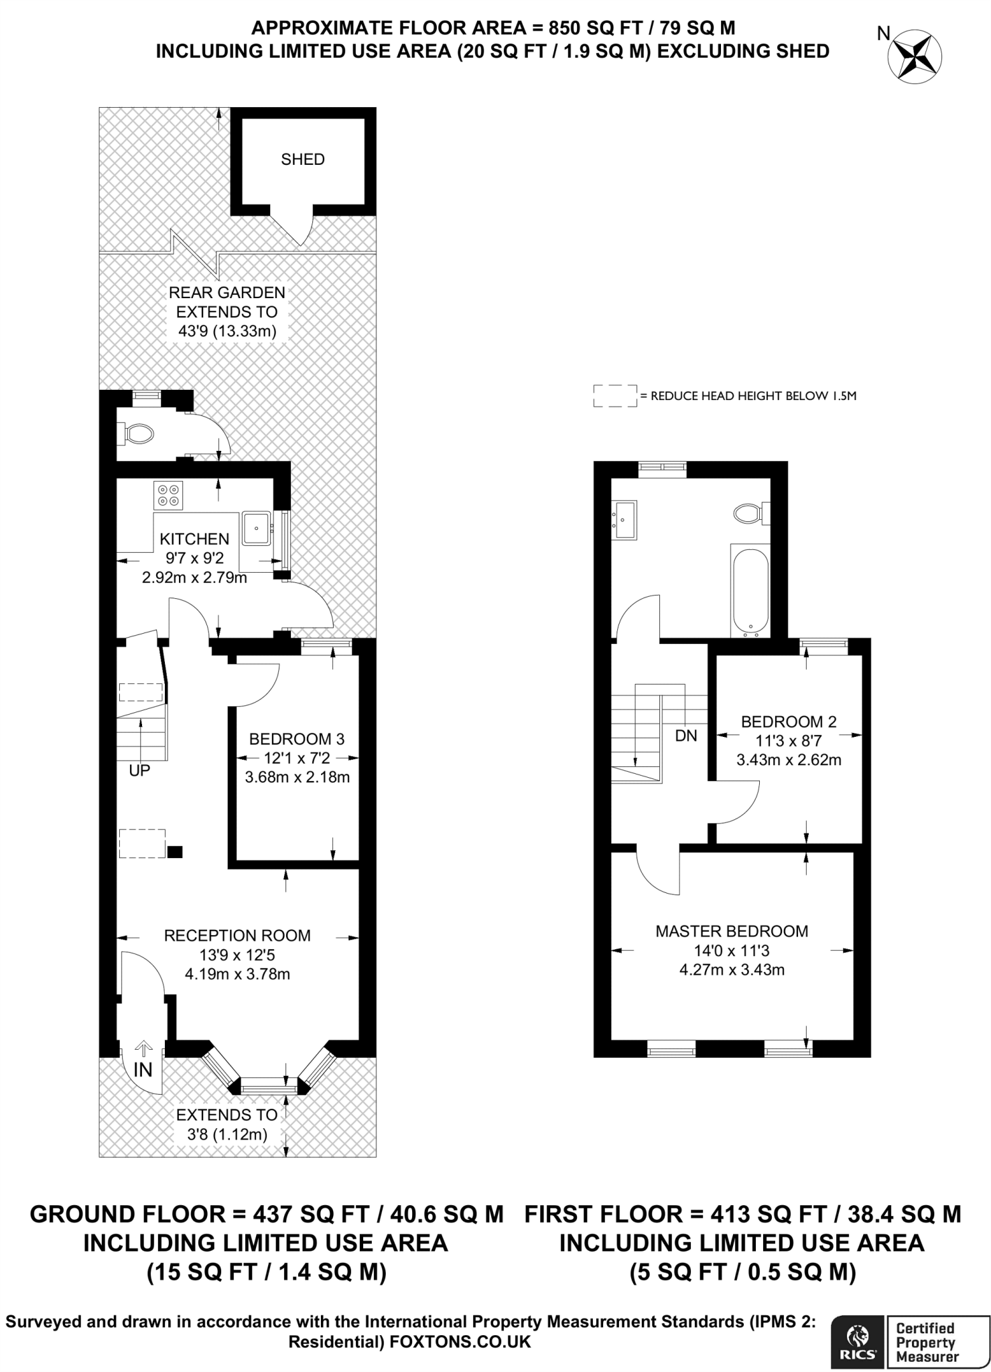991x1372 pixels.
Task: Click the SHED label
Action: (303, 159)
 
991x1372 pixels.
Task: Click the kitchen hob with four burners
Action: (168, 494)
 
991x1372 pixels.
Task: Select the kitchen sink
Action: (256, 528)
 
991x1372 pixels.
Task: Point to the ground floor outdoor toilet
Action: (139, 434)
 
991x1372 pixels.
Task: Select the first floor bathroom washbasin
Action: (624, 519)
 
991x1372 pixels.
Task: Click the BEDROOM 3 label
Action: (297, 739)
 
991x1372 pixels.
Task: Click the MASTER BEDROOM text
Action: (732, 931)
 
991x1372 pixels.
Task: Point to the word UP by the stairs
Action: (139, 771)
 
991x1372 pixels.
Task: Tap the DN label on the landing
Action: (686, 736)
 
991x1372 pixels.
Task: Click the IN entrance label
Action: (143, 1070)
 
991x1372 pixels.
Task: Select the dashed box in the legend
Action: (614, 395)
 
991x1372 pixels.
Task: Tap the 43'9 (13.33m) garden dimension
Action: (228, 331)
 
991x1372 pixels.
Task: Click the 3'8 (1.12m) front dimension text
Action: (226, 1134)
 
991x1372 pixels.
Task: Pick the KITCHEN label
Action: (194, 539)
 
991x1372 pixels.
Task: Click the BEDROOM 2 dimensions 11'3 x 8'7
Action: (789, 741)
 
